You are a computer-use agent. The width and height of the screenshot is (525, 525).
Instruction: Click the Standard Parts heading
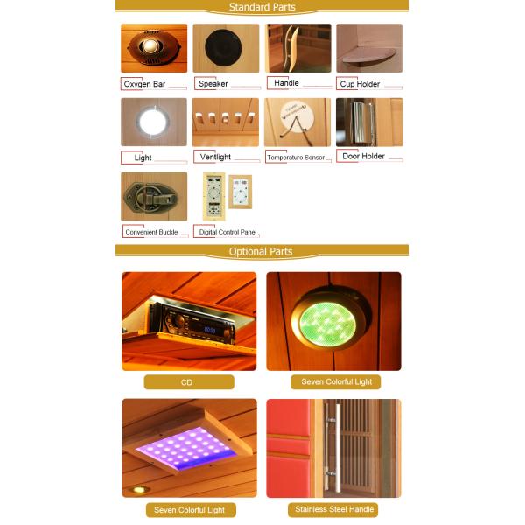[262, 7]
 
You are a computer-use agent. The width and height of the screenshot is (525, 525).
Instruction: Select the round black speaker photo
[226, 48]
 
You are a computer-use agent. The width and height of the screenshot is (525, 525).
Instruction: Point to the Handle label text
[286, 83]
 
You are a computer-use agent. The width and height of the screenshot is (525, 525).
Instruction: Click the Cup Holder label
[361, 84]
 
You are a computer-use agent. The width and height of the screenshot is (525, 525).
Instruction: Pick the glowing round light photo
[154, 121]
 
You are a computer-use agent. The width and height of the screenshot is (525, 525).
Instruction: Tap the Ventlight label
[215, 157]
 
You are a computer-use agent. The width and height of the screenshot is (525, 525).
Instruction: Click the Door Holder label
[362, 157]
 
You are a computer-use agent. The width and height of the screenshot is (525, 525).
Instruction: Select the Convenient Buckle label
[151, 232]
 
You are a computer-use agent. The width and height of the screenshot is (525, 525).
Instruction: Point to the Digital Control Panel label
[228, 232]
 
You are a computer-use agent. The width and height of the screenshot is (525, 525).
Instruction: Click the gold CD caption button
[189, 382]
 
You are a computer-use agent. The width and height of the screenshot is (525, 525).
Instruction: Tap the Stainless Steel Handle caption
[333, 509]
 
